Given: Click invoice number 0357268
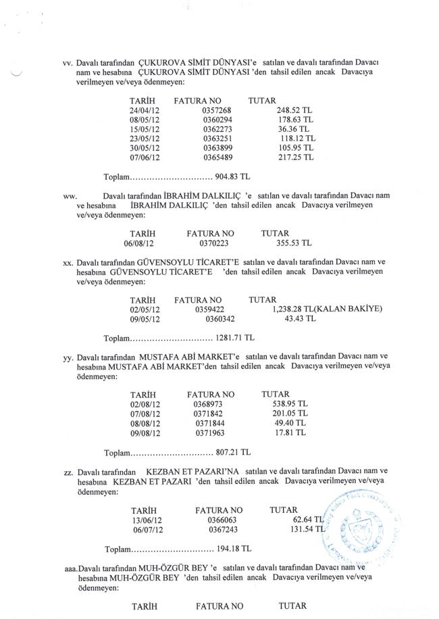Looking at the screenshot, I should point(217,110).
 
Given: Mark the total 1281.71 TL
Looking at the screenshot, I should point(235,337).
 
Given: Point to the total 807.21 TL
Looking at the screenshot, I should point(232,451).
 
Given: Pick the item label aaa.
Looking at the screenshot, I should point(68,570).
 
